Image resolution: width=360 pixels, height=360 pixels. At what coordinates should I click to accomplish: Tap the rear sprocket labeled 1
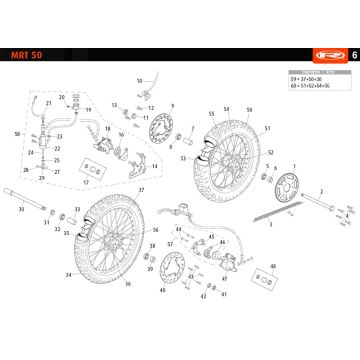click(294, 187)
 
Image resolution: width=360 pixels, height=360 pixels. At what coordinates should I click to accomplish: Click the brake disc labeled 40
click(170, 269)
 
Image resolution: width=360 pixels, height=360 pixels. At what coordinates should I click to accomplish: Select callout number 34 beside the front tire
click(68, 274)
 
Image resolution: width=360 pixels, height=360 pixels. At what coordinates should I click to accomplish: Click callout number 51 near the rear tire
click(269, 140)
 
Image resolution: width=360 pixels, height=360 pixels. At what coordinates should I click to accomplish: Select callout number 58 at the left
click(17, 133)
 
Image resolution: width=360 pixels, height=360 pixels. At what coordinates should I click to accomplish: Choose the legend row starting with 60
click(317, 87)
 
